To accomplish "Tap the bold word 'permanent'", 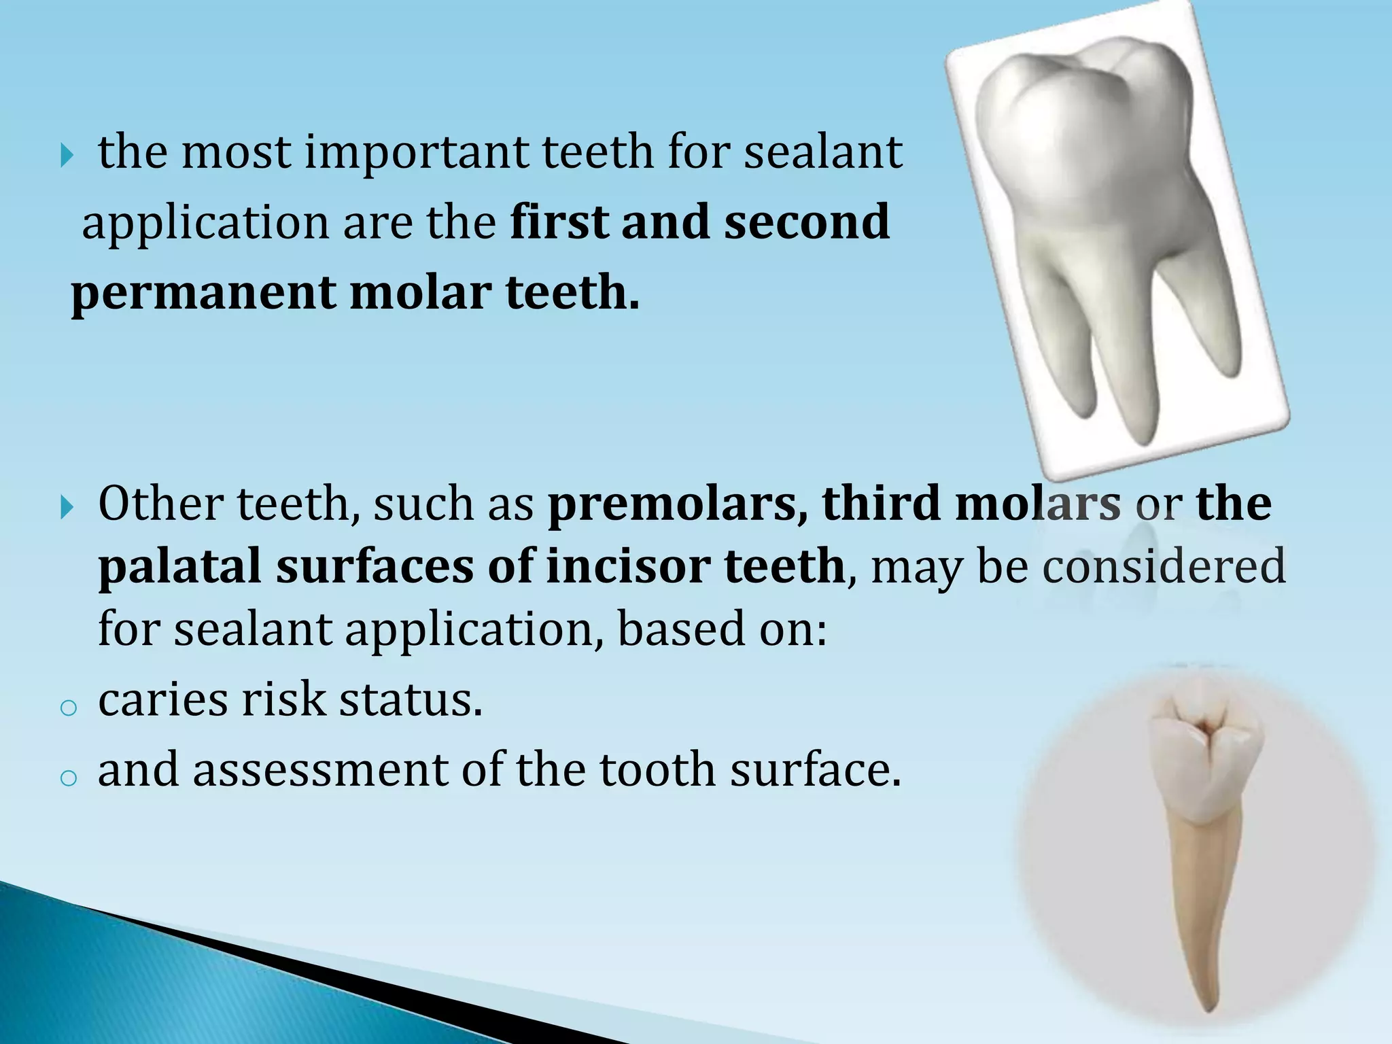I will [x=203, y=294].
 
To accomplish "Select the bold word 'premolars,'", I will [x=677, y=504].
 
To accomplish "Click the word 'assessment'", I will [x=320, y=770].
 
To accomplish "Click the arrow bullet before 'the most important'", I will [x=66, y=157].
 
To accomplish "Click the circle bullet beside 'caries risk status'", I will [x=68, y=709].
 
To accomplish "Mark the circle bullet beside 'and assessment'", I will [x=68, y=779].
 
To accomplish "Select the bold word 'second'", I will [x=806, y=223].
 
